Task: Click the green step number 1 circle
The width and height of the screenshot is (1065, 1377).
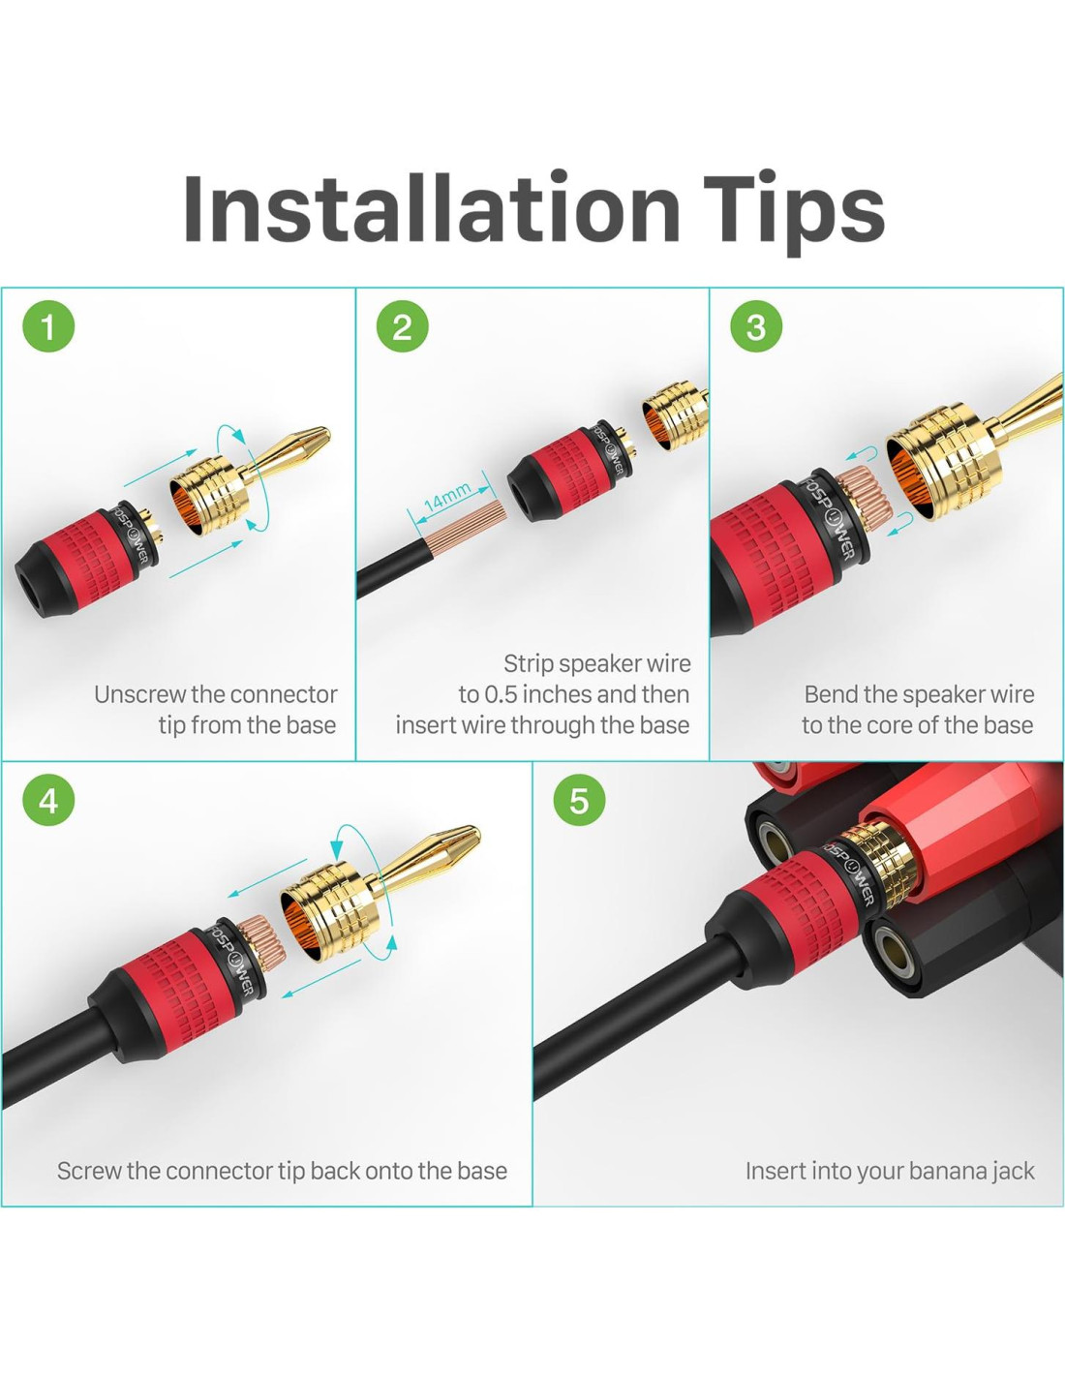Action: click(x=48, y=326)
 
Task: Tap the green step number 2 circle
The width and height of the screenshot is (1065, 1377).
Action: click(x=403, y=326)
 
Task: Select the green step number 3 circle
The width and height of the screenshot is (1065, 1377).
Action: click(x=756, y=326)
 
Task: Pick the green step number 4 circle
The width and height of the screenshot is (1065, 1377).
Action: click(x=48, y=800)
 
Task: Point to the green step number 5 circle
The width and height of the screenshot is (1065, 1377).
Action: click(x=579, y=800)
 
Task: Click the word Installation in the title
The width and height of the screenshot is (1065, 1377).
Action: click(x=431, y=208)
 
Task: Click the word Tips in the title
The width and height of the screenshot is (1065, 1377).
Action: click(x=794, y=213)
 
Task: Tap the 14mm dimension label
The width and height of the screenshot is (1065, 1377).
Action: click(x=448, y=497)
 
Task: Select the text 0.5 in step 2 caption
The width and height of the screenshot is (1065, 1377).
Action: click(x=500, y=694)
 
